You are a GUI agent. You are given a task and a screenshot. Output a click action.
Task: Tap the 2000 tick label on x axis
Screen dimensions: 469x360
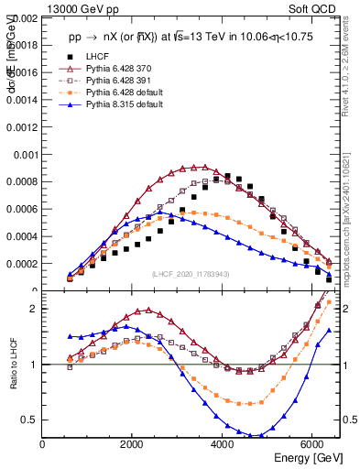[133, 444]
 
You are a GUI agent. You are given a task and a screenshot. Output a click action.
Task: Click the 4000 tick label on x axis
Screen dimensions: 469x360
[223, 444]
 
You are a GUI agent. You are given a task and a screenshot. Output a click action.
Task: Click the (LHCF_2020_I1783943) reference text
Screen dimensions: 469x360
[192, 274]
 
